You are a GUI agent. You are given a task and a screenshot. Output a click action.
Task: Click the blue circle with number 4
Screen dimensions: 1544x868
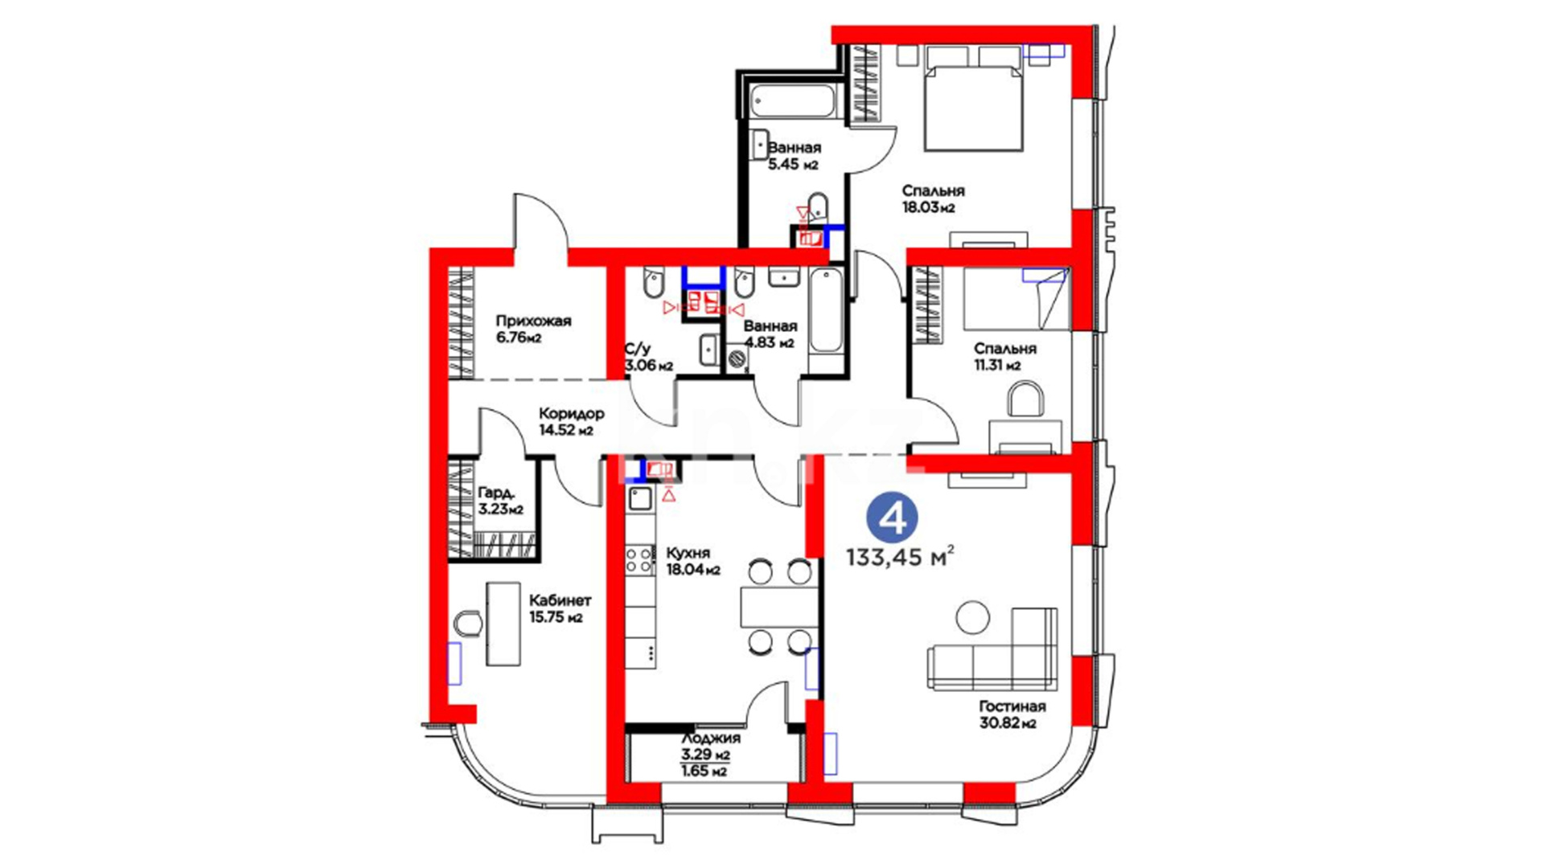(x=893, y=518)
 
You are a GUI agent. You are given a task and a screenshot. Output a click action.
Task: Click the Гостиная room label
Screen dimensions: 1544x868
(x=1012, y=706)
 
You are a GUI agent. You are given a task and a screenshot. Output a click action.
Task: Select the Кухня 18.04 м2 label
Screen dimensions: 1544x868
(x=693, y=562)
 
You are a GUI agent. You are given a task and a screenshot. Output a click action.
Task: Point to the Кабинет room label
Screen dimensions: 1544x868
(x=560, y=600)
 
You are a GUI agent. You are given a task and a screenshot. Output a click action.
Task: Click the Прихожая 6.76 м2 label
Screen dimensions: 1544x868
(x=533, y=330)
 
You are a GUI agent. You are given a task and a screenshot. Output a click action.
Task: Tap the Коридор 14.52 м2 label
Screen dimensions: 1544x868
(x=571, y=422)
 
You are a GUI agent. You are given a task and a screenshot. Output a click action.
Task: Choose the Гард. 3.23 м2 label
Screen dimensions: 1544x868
(x=500, y=501)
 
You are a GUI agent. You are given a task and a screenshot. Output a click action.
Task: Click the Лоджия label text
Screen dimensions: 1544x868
(x=711, y=738)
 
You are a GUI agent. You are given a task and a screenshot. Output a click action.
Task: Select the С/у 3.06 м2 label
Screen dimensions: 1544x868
(x=649, y=358)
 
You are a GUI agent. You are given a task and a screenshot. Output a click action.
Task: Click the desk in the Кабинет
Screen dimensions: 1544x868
(x=503, y=624)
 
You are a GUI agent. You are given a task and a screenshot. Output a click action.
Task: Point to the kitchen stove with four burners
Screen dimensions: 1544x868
(x=640, y=560)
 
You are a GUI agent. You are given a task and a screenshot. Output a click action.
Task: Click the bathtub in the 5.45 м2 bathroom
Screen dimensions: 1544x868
(x=794, y=103)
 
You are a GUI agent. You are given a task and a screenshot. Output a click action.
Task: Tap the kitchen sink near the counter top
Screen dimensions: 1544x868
(x=640, y=498)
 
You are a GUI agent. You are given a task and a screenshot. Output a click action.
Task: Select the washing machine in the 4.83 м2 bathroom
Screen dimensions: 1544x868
(x=737, y=359)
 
